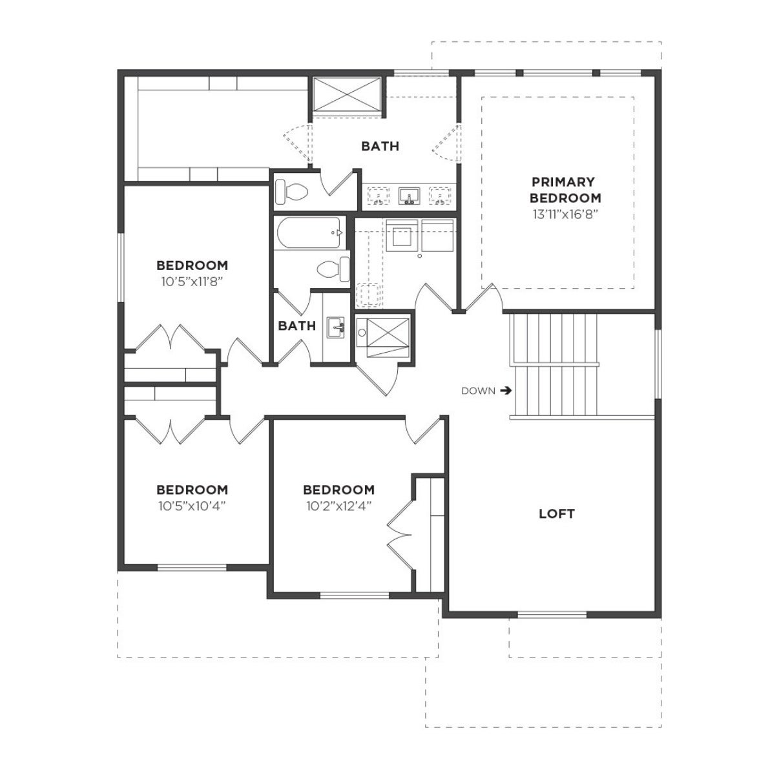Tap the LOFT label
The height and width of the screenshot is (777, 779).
point(556,514)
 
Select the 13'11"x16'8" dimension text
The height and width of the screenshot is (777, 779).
point(565,214)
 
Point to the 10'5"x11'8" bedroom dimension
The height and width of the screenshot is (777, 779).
point(192,282)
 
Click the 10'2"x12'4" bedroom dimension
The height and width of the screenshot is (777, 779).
point(338,506)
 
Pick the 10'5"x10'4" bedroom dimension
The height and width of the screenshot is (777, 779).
point(192,506)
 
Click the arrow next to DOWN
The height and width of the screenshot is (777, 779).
point(506,391)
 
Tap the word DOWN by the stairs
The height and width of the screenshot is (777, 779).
point(478,391)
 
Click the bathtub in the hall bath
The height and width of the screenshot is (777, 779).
point(309,233)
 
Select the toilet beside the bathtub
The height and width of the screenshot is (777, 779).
point(333,269)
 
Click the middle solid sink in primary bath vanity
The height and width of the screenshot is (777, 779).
point(409,196)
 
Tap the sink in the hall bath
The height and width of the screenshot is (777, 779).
point(336,327)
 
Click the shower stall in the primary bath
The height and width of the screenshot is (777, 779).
point(347,94)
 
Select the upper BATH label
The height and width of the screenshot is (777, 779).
point(380,146)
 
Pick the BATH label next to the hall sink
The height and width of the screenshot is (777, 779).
point(296,326)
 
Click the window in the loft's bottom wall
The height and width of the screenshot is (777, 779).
point(552,615)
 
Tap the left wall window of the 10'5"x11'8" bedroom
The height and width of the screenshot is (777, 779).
point(121,267)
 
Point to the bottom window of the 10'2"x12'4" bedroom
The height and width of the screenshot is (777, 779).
point(354,595)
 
